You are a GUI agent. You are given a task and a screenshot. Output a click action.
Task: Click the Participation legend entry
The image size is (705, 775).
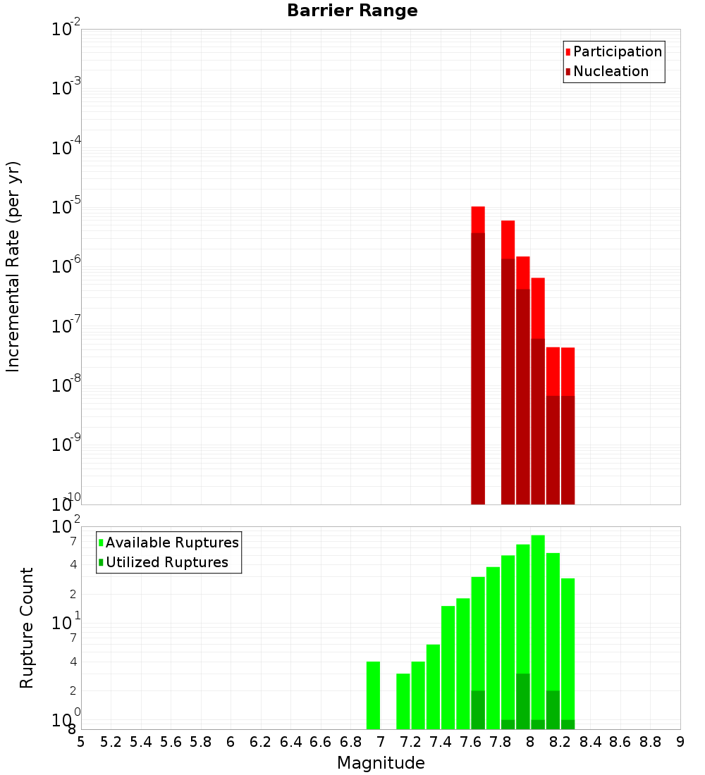point(617,52)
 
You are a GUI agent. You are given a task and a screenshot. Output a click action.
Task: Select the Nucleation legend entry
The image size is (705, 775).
point(610,72)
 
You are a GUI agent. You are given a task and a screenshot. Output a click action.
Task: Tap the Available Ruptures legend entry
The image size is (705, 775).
point(171,543)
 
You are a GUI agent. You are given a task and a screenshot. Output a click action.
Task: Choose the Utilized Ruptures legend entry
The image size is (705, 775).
point(166,563)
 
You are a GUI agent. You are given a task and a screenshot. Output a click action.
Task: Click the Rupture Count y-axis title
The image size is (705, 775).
point(27,628)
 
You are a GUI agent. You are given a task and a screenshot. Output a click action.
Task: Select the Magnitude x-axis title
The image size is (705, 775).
point(381,763)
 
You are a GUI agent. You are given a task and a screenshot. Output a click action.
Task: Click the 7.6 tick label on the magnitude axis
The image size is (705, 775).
point(471,742)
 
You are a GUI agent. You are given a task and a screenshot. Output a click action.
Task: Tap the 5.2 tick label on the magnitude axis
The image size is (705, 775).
point(111,742)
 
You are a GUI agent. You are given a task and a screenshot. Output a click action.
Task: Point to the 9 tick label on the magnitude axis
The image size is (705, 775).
point(680,742)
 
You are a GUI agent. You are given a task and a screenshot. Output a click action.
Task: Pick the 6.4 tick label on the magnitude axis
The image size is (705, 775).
point(291,742)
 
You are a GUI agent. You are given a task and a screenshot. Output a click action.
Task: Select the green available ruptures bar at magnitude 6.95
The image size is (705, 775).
point(373,695)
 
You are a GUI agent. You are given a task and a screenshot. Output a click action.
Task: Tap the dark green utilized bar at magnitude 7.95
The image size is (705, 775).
point(522,701)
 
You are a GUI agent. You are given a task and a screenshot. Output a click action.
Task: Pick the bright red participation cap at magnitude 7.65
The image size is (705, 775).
point(478,219)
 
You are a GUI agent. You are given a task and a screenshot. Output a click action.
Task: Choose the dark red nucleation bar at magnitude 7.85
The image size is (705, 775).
point(508,380)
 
